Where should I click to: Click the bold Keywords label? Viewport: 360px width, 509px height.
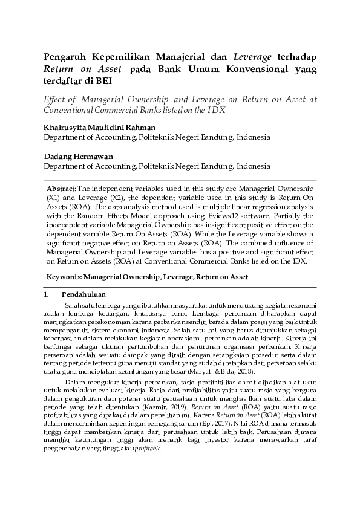pos(65,276)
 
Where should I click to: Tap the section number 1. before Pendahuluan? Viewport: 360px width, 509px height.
pos(46,294)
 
